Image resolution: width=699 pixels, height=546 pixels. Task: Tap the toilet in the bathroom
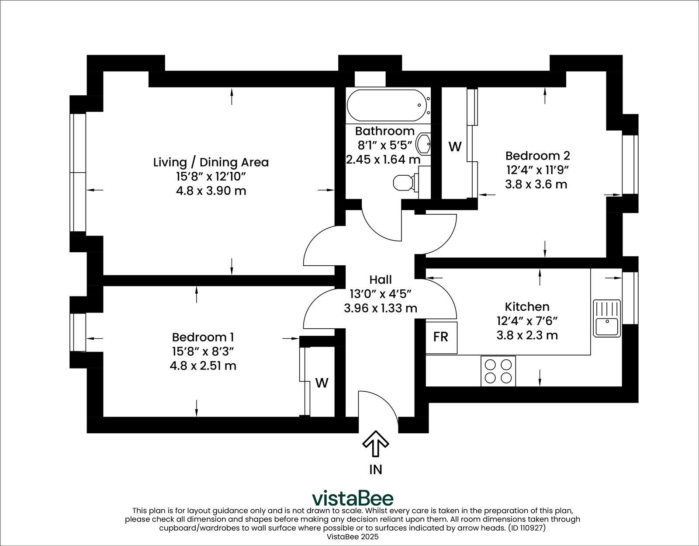[x=404, y=183]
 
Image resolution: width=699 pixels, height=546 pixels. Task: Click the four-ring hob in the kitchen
[x=498, y=371]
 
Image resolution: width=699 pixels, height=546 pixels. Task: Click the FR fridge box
[x=441, y=337]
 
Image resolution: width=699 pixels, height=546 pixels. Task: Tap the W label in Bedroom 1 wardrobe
[x=322, y=383]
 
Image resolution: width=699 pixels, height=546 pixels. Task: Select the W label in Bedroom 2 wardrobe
[x=455, y=147]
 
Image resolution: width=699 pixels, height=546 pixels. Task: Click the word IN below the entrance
[x=376, y=469]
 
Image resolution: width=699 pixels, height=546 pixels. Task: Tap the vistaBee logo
[x=353, y=498]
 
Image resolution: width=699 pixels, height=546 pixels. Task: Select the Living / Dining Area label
[x=211, y=162]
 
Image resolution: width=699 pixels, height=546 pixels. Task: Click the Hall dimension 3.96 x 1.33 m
[x=380, y=308]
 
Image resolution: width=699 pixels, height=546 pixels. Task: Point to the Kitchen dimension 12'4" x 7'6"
[x=527, y=321]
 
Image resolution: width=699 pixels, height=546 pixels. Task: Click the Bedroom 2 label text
[x=537, y=156]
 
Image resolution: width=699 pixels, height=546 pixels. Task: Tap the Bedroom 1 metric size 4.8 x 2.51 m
[x=203, y=365]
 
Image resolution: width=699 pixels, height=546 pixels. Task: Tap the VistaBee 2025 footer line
[x=353, y=536]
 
